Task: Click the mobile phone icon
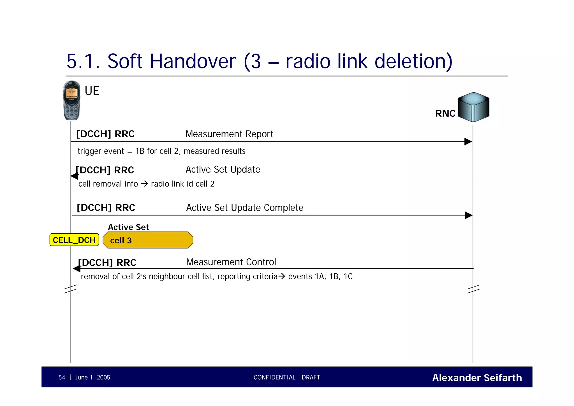click(71, 100)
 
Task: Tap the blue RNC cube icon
click(473, 107)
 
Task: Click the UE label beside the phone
click(92, 91)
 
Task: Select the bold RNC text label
click(445, 113)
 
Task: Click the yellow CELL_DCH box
click(74, 240)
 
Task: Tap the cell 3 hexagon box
click(148, 240)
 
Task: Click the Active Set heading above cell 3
click(128, 227)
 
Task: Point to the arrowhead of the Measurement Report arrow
click(468, 142)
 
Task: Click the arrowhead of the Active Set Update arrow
click(74, 176)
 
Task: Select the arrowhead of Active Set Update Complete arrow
click(469, 215)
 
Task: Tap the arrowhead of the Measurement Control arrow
click(77, 269)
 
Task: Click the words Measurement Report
click(229, 134)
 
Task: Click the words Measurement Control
click(231, 262)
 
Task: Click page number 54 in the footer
click(62, 377)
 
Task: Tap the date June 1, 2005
click(92, 377)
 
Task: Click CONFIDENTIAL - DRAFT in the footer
click(287, 377)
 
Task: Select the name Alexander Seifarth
click(477, 378)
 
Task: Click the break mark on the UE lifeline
click(70, 289)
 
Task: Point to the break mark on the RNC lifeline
click(473, 289)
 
